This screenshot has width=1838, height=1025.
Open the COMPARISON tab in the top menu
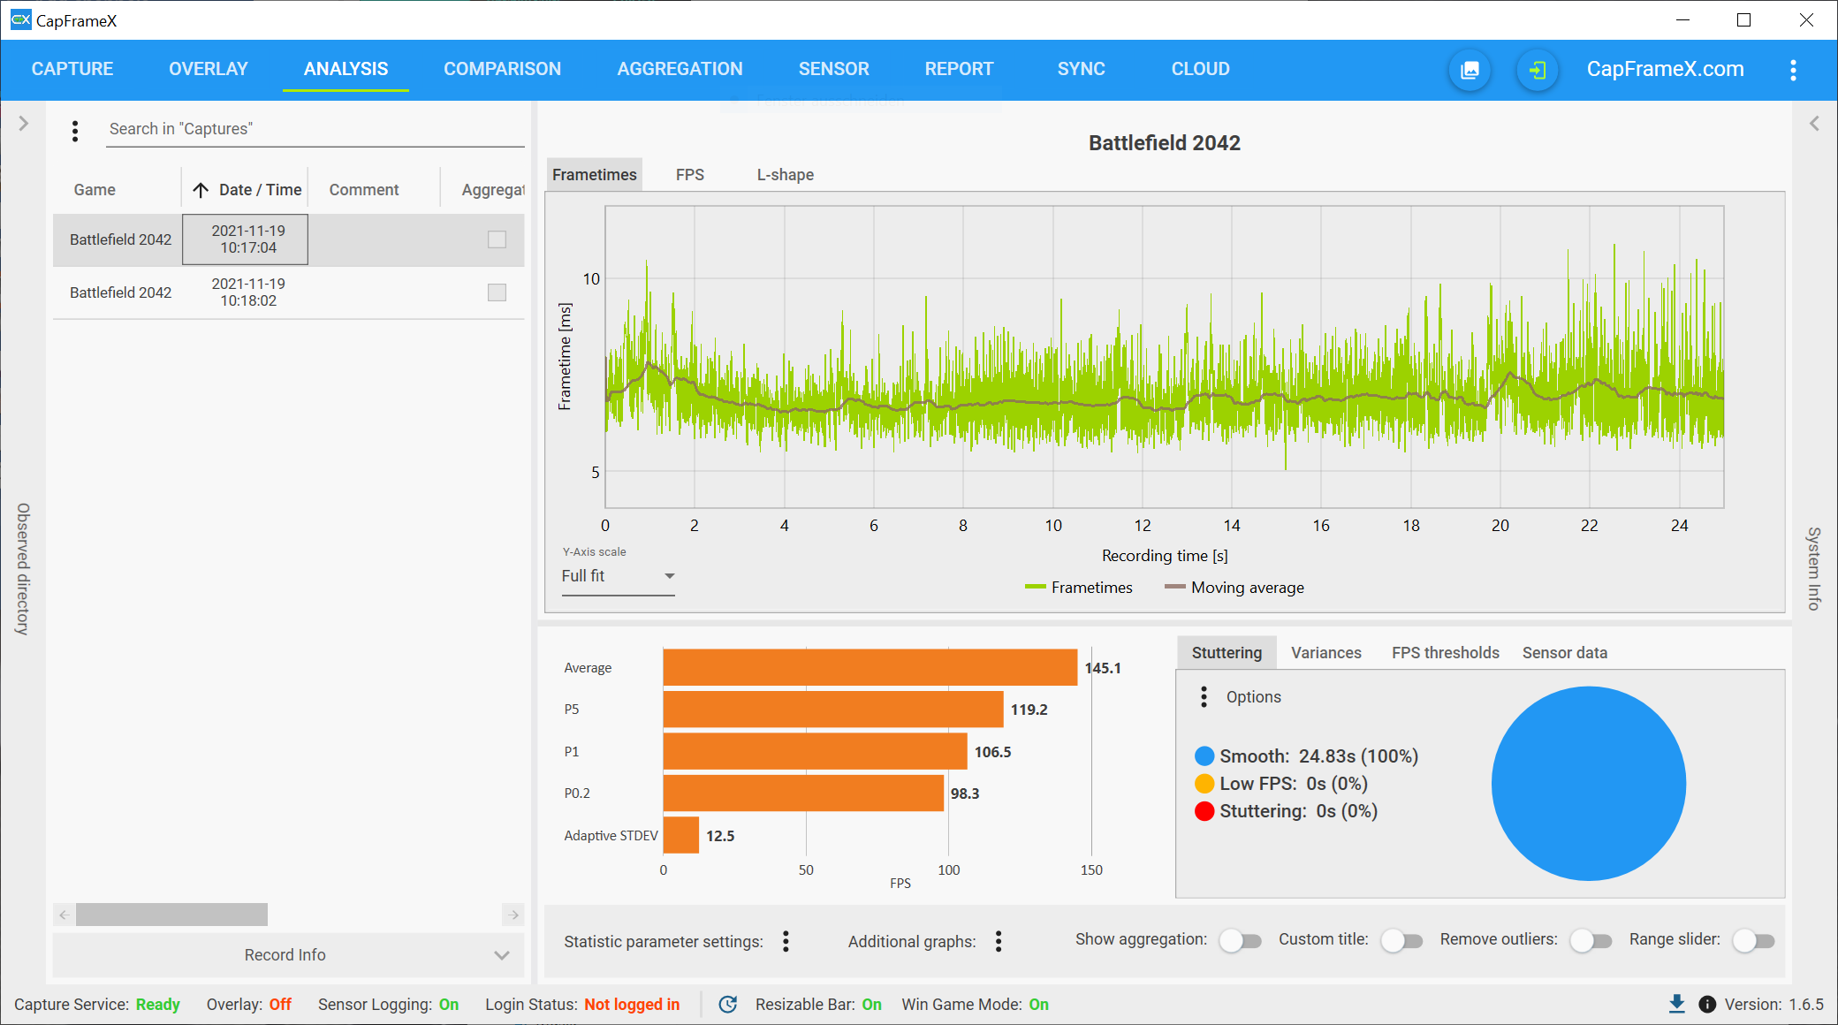click(x=502, y=69)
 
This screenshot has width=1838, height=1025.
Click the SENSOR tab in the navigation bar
click(x=833, y=69)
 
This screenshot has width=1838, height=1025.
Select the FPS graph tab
click(x=690, y=175)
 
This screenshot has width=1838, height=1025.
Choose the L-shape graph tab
click(x=785, y=175)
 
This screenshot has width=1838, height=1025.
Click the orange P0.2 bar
click(x=803, y=793)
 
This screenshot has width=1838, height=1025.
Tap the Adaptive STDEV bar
click(x=681, y=835)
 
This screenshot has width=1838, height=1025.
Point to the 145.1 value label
click(x=1103, y=668)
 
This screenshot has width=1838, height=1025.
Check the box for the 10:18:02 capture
click(x=497, y=292)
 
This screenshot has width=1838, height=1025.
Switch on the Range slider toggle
click(x=1754, y=941)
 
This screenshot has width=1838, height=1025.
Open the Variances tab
click(x=1326, y=653)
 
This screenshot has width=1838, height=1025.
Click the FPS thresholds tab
click(x=1446, y=653)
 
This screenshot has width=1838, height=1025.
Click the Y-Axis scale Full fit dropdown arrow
click(x=670, y=576)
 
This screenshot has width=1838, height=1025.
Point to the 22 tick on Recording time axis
click(x=1590, y=526)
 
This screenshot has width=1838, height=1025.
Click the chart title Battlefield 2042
click(x=1165, y=143)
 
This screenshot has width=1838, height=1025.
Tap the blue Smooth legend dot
click(x=1204, y=756)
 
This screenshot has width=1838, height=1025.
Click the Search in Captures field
click(x=315, y=129)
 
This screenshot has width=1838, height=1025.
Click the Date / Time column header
click(x=260, y=190)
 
